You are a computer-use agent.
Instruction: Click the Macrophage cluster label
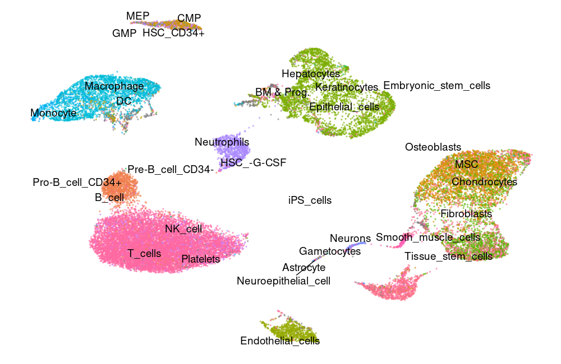(114, 86)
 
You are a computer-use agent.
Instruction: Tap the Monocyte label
(53, 113)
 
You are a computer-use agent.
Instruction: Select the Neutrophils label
(222, 142)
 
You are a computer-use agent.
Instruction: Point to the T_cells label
(144, 253)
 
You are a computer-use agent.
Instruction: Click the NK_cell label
(183, 228)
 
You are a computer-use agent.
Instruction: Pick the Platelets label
(200, 259)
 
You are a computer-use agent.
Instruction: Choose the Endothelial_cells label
(280, 340)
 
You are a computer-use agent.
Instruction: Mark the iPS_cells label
(310, 200)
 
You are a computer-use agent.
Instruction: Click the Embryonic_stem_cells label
(436, 86)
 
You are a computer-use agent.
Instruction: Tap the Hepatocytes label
(311, 73)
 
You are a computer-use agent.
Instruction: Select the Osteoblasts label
(433, 147)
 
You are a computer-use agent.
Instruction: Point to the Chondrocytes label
(484, 181)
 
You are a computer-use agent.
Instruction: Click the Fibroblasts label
(466, 213)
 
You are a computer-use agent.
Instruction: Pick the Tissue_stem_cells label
(448, 256)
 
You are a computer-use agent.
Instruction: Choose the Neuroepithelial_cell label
(283, 281)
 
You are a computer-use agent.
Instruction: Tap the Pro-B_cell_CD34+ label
(77, 183)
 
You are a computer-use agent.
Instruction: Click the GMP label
(124, 34)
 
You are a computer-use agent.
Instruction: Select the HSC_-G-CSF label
(253, 162)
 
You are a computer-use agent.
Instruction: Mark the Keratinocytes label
(347, 87)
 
